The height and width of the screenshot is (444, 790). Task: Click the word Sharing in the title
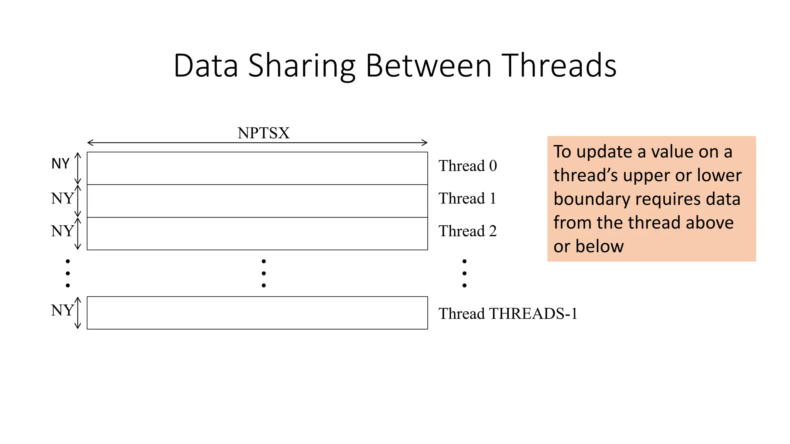[301, 66]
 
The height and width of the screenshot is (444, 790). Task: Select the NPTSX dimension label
[263, 133]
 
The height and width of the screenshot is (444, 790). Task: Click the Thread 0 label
[468, 166]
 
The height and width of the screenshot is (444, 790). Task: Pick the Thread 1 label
[467, 198]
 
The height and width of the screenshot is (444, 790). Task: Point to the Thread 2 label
[468, 231]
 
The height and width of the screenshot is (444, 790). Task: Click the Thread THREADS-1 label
[508, 314]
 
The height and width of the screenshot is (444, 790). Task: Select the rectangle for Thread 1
[257, 201]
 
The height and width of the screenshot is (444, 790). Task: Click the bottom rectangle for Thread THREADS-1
[257, 313]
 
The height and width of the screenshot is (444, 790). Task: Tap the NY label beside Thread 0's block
[61, 164]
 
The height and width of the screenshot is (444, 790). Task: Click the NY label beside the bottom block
[62, 310]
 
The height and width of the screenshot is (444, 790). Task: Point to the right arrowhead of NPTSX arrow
[425, 143]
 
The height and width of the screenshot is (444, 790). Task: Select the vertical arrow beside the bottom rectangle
[78, 313]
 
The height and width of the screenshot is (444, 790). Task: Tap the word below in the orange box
[599, 246]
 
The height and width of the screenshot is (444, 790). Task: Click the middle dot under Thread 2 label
[464, 273]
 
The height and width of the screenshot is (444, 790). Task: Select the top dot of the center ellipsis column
[263, 261]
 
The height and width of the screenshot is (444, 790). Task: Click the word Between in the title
[428, 66]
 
